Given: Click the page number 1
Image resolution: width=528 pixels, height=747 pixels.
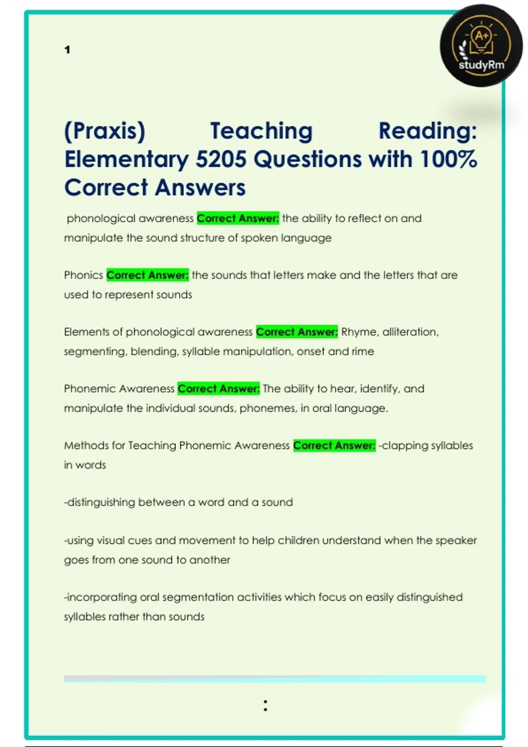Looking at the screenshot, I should [x=67, y=50].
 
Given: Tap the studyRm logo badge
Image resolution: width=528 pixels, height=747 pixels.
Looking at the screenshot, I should [x=481, y=45].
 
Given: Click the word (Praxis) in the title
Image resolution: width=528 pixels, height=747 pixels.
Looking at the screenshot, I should [x=105, y=131].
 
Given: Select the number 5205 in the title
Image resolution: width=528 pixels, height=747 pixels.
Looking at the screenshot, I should [x=221, y=159].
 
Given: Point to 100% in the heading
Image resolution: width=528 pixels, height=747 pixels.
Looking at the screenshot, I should [x=448, y=159].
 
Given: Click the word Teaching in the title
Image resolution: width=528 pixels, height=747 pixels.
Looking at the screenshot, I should [x=261, y=131].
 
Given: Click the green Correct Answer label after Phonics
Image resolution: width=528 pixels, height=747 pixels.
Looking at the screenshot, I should [x=147, y=275].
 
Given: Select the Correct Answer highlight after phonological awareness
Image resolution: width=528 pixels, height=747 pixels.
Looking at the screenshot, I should [x=238, y=218].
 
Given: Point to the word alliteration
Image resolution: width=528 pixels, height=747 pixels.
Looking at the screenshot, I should [x=410, y=332].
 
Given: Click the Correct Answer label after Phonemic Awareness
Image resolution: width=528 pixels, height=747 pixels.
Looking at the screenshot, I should [x=219, y=388].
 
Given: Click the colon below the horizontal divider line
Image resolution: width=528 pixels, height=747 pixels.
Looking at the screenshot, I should [x=265, y=705].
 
